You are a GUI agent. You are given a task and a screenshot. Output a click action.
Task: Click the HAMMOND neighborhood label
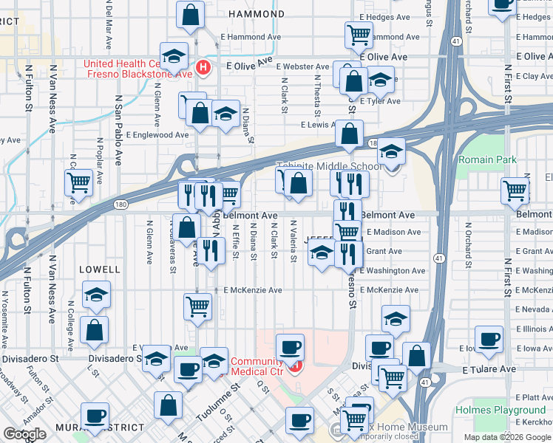coord(256,14)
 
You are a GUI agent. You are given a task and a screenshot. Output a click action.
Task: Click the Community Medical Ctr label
coord(257,366)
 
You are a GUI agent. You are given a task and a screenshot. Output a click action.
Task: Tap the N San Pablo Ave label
coord(118,129)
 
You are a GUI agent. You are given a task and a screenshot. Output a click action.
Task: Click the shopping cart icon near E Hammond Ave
coord(359,33)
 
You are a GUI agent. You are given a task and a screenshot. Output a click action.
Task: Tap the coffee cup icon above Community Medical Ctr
coord(290,345)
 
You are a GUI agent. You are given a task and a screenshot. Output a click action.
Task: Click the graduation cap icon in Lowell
coord(96,294)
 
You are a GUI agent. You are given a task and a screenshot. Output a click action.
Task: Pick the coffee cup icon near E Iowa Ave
coord(489,339)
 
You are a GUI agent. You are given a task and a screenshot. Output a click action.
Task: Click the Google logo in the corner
coord(24,434)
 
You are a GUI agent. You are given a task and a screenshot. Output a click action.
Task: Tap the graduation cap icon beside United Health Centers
coord(174,55)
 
